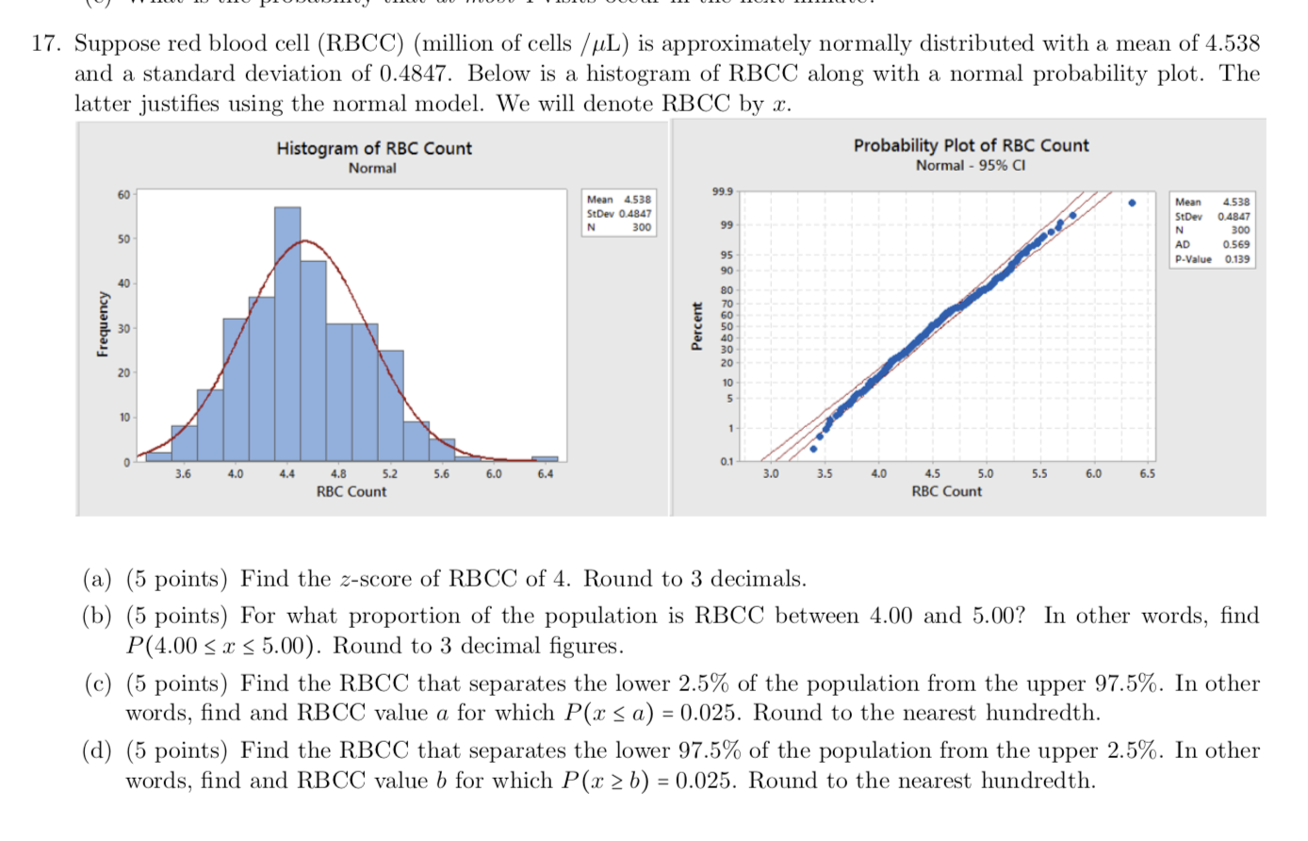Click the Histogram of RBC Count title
(x=373, y=148)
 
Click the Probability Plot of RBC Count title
(x=971, y=145)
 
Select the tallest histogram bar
(x=287, y=330)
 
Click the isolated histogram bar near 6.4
(x=545, y=459)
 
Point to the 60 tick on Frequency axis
(x=123, y=194)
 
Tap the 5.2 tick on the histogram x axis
(x=389, y=474)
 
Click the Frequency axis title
(x=102, y=323)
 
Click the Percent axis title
(x=696, y=326)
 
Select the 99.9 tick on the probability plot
(x=722, y=191)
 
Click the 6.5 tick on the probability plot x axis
(x=1147, y=474)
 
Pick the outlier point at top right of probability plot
(x=1132, y=203)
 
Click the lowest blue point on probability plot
(x=813, y=449)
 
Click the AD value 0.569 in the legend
(x=1236, y=245)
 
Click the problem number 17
(x=46, y=44)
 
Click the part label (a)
(x=97, y=579)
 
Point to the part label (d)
(x=97, y=751)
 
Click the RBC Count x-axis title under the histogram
(x=351, y=491)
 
